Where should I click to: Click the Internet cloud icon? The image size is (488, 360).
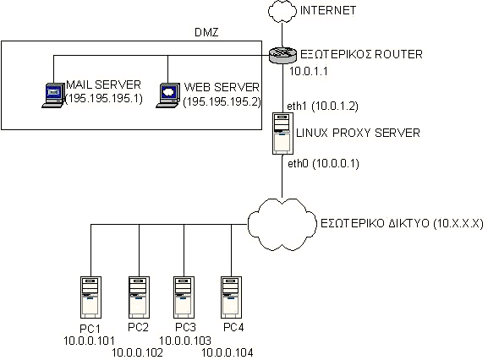[282, 11]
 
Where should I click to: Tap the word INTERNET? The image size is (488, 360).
[328, 11]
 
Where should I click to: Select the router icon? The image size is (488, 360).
[282, 55]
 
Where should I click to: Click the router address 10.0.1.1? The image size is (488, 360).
[309, 72]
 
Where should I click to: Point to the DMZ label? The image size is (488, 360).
[206, 32]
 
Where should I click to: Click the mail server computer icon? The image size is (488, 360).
[53, 95]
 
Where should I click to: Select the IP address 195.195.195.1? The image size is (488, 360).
[104, 99]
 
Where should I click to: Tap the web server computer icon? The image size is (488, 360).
[168, 95]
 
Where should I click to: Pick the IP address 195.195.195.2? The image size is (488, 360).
[222, 101]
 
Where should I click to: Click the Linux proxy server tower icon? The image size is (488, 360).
[282, 134]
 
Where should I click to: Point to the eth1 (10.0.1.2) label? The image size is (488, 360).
[323, 106]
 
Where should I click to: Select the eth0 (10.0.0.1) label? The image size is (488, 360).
[323, 164]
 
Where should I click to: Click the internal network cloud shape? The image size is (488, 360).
[282, 224]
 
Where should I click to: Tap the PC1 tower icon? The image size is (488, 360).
[90, 297]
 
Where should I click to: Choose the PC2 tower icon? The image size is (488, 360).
[139, 297]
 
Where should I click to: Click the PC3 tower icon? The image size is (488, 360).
[184, 297]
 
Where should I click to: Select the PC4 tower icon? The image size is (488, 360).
[232, 297]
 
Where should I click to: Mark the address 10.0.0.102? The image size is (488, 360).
[137, 352]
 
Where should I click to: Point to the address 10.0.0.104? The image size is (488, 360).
[228, 352]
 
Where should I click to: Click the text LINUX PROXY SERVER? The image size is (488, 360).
[359, 133]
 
